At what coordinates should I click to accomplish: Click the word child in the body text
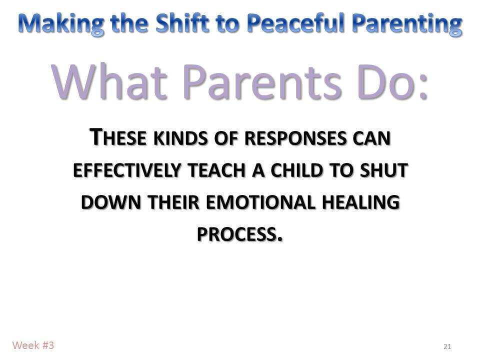coord(295,171)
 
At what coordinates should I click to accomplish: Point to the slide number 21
coord(447,346)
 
